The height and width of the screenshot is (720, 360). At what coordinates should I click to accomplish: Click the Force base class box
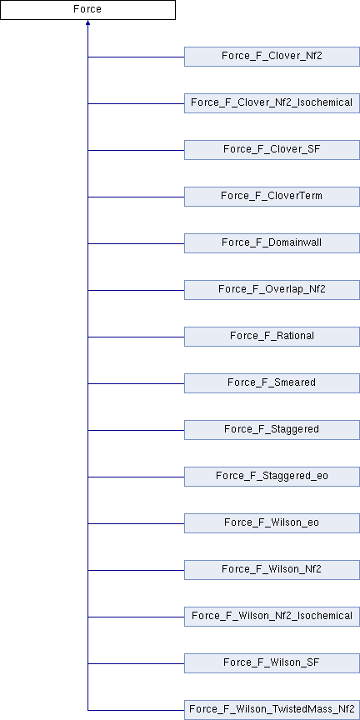pyautogui.click(x=87, y=10)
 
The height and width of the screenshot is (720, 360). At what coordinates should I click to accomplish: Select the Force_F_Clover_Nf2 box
pyautogui.click(x=272, y=57)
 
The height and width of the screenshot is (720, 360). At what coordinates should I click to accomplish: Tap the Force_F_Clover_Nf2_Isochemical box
pyautogui.click(x=272, y=102)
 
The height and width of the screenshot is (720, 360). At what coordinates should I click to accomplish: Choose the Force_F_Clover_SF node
pyautogui.click(x=272, y=150)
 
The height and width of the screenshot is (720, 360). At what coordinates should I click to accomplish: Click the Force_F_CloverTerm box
pyautogui.click(x=272, y=197)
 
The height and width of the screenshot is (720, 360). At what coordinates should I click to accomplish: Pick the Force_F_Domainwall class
pyautogui.click(x=272, y=242)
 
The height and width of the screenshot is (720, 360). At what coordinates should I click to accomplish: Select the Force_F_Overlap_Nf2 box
pyautogui.click(x=272, y=290)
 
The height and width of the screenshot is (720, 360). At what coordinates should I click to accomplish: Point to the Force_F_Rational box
pyautogui.click(x=272, y=336)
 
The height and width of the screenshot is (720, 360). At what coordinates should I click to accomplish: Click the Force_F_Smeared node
pyautogui.click(x=272, y=383)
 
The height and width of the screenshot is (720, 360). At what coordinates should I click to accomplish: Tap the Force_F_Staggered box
pyautogui.click(x=272, y=430)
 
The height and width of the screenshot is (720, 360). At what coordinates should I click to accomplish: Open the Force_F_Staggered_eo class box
pyautogui.click(x=272, y=476)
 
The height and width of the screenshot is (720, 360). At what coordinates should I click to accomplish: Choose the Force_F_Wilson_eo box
pyautogui.click(x=272, y=523)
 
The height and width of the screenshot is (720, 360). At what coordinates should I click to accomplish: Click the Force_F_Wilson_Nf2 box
pyautogui.click(x=272, y=570)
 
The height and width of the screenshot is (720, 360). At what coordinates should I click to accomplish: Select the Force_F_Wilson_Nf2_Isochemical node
pyautogui.click(x=272, y=616)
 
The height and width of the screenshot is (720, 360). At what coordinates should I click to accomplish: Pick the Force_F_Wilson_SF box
pyautogui.click(x=272, y=663)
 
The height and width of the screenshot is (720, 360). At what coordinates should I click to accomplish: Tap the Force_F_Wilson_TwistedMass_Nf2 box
pyautogui.click(x=272, y=710)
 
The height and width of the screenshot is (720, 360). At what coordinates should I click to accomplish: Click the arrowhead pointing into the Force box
pyautogui.click(x=87, y=22)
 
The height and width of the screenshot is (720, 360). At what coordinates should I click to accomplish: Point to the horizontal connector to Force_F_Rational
pyautogui.click(x=136, y=337)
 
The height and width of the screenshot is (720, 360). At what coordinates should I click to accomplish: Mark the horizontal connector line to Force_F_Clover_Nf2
pyautogui.click(x=136, y=57)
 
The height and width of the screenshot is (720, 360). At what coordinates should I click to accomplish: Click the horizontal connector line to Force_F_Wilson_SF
pyautogui.click(x=136, y=663)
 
